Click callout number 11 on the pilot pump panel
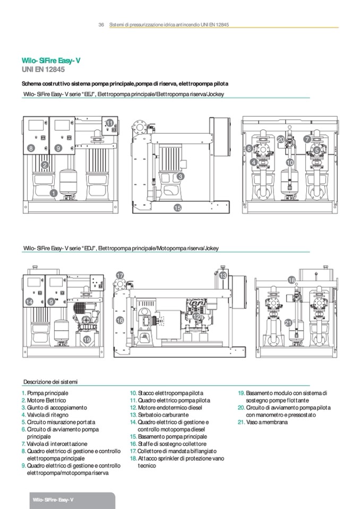pyautogui.click(x=110, y=123)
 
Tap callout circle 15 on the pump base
pyautogui.click(x=177, y=208)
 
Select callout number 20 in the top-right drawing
pyautogui.click(x=281, y=140)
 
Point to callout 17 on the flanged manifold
pyautogui.click(x=120, y=275)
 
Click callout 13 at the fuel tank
pyautogui.click(x=223, y=275)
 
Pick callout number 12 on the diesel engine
pyautogui.click(x=196, y=316)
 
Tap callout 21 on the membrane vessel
pyautogui.click(x=288, y=323)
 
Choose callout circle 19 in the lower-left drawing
pyautogui.click(x=87, y=340)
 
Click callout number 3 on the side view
pyautogui.click(x=181, y=177)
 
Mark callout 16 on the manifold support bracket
pyautogui.click(x=120, y=321)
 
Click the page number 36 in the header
pyautogui.click(x=101, y=24)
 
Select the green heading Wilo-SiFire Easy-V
pyautogui.click(x=51, y=61)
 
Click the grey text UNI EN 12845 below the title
pyautogui.click(x=43, y=70)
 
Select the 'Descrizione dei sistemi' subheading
pyautogui.click(x=50, y=382)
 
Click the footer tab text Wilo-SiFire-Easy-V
pyautogui.click(x=53, y=499)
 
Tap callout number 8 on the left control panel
pyautogui.click(x=30, y=149)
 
